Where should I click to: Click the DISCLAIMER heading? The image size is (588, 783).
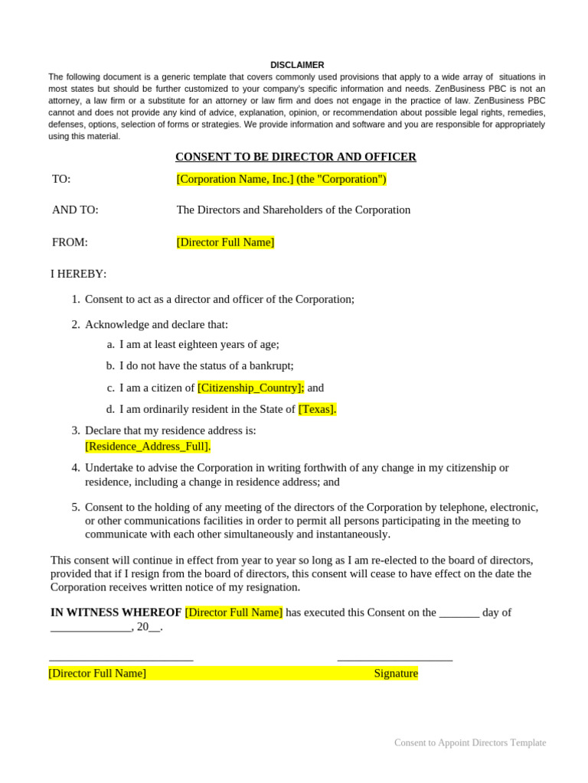297,65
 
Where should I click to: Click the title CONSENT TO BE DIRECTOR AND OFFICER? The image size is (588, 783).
296,157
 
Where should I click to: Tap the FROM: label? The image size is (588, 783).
70,242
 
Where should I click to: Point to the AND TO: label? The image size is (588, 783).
75,210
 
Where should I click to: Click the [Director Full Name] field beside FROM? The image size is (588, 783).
225,242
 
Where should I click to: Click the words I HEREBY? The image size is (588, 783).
79,274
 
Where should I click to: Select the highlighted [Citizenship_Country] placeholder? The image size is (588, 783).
250,388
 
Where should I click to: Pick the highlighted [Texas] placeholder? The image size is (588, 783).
317,409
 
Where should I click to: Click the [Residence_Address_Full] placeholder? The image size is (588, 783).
148,446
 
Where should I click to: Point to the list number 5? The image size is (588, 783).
76,507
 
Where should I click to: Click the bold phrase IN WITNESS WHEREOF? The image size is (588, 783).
116,612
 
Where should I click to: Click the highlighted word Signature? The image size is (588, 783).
396,674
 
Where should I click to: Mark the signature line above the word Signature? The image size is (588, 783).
394,658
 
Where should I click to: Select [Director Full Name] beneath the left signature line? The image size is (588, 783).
97,674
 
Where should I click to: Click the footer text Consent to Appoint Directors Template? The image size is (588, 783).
470,742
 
